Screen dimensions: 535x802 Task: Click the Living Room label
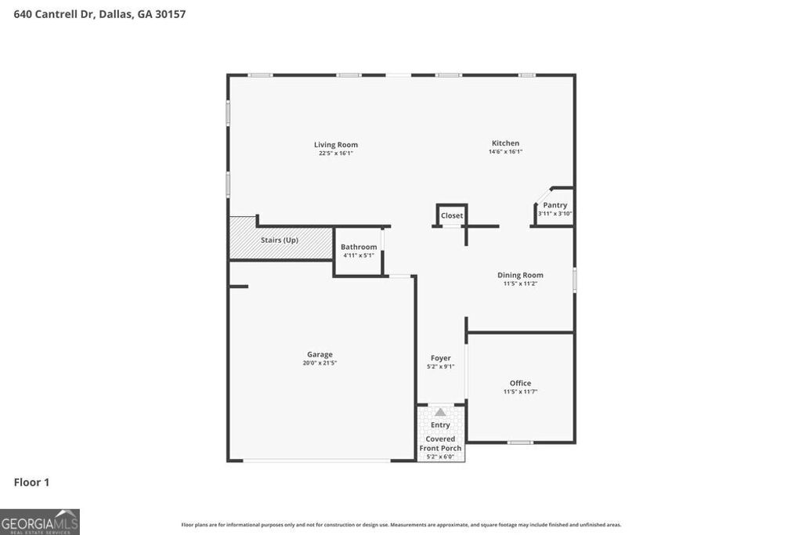336,145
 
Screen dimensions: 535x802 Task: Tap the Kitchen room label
505,143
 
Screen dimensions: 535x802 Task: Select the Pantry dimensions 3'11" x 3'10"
555,214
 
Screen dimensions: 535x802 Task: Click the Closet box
452,215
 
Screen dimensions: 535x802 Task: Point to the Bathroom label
359,247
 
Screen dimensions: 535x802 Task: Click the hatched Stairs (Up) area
280,240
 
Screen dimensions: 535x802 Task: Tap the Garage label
320,354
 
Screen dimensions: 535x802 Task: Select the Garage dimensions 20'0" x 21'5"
320,363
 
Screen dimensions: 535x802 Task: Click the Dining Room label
520,275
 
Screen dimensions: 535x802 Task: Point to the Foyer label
441,358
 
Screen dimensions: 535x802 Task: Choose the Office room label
520,383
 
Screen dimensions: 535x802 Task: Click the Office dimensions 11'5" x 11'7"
520,392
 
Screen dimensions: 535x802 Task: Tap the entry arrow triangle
440,412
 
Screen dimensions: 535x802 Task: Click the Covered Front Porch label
440,443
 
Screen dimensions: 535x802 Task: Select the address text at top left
99,14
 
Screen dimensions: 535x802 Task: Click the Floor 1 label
31,483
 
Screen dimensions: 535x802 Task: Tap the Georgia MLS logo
40,522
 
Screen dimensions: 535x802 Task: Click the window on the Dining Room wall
575,280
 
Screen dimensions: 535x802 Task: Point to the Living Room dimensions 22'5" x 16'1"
336,154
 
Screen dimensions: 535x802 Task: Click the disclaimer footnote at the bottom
401,525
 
